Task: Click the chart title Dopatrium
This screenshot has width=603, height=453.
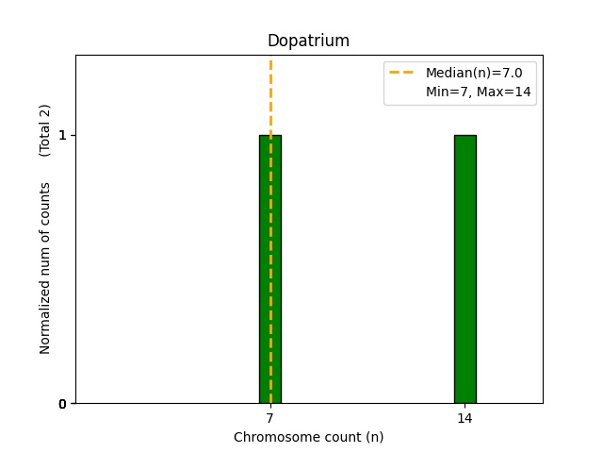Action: [308, 42]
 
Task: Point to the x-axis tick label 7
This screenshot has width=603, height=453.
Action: [270, 417]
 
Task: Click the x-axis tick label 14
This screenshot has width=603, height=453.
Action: [464, 417]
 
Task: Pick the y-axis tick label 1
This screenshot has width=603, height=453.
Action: [63, 135]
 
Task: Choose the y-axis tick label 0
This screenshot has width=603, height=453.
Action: [63, 404]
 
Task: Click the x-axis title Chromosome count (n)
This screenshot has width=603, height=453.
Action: [308, 437]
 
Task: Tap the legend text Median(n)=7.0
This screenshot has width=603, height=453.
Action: [474, 73]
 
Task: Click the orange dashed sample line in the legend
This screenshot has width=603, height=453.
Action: [402, 73]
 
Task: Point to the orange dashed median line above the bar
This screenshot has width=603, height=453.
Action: [270, 94]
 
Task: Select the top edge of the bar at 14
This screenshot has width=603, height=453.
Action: [464, 136]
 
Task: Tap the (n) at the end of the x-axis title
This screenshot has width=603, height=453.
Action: [374, 437]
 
